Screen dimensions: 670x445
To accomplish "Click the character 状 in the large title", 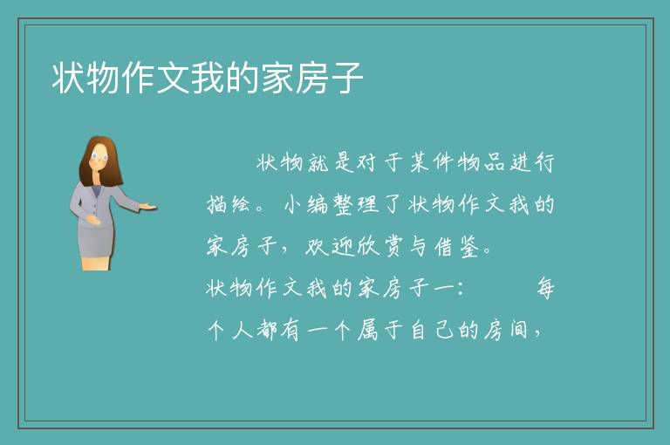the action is [69, 78].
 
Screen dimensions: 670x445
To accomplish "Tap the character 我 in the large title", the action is [209, 78].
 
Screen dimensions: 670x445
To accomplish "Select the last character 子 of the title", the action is [347, 78].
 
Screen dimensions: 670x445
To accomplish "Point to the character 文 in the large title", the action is [173, 78].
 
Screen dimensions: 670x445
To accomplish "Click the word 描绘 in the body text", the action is [229, 204].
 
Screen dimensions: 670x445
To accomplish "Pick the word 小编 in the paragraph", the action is [306, 204].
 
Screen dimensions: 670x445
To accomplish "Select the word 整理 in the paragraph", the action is [356, 204].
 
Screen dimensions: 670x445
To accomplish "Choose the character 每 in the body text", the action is [545, 288].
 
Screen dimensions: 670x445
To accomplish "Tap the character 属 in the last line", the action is [368, 330].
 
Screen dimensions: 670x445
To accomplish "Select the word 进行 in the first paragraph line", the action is [533, 162].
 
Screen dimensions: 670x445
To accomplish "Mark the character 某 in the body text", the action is [419, 162].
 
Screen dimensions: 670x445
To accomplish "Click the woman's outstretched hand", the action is [147, 207].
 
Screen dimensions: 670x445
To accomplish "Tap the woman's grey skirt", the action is [96, 241].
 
